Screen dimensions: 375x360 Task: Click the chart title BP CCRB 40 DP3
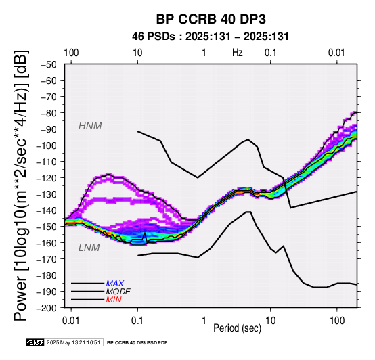point(211,19)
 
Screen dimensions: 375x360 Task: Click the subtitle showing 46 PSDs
point(211,37)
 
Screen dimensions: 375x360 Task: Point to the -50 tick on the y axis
point(49,64)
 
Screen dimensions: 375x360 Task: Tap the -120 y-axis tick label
point(47,178)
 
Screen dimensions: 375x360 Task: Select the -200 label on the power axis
point(47,308)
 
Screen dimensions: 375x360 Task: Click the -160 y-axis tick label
point(47,243)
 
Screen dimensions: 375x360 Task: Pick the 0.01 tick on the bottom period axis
point(71,321)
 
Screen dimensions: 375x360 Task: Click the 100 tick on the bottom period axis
point(336,321)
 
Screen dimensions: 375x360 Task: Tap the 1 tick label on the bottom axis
point(204,321)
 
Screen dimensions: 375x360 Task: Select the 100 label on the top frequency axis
point(71,53)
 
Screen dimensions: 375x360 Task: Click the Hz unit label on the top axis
point(237,53)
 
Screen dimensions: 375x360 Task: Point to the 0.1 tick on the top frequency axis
point(271,53)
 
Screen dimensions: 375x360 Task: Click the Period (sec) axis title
point(237,328)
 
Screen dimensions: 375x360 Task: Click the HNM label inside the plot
point(90,126)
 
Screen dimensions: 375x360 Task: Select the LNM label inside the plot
point(89,248)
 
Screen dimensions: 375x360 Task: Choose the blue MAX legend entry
point(115,284)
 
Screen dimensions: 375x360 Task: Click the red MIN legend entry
point(114,300)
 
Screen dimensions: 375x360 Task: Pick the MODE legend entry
point(118,292)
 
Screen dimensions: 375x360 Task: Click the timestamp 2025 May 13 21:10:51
point(73,342)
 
